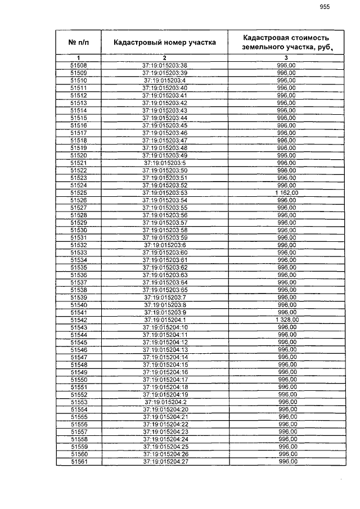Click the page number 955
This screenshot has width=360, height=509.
pyautogui.click(x=325, y=7)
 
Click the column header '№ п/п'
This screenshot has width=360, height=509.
pyautogui.click(x=78, y=42)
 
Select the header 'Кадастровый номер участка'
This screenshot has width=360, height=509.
pyautogui.click(x=164, y=42)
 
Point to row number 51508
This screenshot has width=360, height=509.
pyautogui.click(x=78, y=66)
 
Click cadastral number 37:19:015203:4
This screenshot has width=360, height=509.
pyautogui.click(x=165, y=80)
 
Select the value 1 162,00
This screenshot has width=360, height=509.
pyautogui.click(x=287, y=192)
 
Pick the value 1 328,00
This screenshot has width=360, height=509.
pyautogui.click(x=287, y=319)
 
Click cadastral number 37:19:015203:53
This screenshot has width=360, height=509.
pyautogui.click(x=165, y=192)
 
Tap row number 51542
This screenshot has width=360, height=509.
pyautogui.click(x=78, y=319)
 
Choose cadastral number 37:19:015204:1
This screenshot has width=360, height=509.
pyautogui.click(x=165, y=319)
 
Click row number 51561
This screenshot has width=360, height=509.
pyautogui.click(x=78, y=461)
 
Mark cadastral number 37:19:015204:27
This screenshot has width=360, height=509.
pyautogui.click(x=165, y=461)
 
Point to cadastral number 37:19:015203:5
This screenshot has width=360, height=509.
pyautogui.click(x=165, y=163)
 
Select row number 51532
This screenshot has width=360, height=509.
pyautogui.click(x=78, y=245)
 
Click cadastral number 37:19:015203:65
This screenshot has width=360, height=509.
pyautogui.click(x=165, y=290)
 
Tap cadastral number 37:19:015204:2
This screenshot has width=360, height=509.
pyautogui.click(x=165, y=402)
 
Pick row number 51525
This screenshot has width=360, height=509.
pyautogui.click(x=78, y=192)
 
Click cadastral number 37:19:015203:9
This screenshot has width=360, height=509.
pyautogui.click(x=165, y=312)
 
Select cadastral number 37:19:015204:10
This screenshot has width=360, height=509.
pyautogui.click(x=165, y=327)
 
